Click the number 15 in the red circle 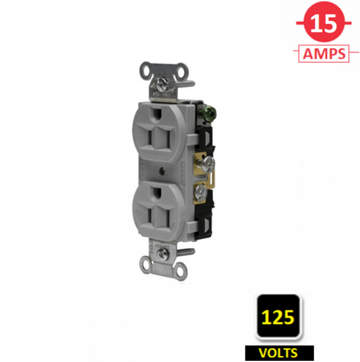(x=323, y=23)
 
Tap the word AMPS (x=324, y=54)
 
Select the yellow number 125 (x=278, y=317)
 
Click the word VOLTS (x=278, y=353)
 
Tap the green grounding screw (x=210, y=111)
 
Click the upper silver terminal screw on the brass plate (x=208, y=164)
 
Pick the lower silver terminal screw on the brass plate (x=200, y=191)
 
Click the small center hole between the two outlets (x=163, y=171)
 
